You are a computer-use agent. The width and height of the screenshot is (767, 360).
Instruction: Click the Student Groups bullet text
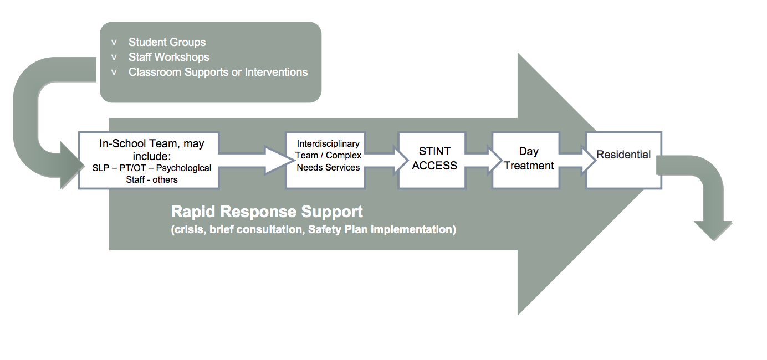(167, 42)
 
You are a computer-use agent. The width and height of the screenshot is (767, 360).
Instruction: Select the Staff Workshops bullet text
(169, 57)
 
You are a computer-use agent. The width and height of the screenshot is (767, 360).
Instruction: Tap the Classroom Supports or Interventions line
(218, 72)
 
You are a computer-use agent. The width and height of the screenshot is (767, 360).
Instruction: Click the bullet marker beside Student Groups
(114, 43)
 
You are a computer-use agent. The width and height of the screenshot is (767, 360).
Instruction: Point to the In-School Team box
(149, 161)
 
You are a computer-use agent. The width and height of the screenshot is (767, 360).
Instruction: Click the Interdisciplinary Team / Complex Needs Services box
(326, 161)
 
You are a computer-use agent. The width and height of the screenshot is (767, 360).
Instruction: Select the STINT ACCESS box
(432, 161)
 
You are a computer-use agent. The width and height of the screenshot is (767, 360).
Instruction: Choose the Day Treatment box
(526, 161)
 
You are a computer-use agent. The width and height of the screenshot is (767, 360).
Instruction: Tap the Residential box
(624, 161)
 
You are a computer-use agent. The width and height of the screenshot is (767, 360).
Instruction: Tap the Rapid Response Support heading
(267, 212)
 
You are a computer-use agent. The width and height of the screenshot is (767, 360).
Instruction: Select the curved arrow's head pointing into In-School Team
(72, 165)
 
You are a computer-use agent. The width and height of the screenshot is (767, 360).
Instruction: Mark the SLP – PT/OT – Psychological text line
(152, 168)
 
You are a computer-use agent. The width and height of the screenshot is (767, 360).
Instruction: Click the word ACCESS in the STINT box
(434, 166)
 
